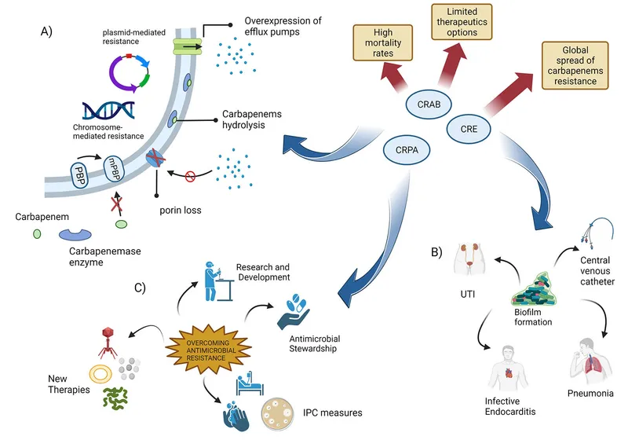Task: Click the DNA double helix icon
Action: point(108,111)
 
